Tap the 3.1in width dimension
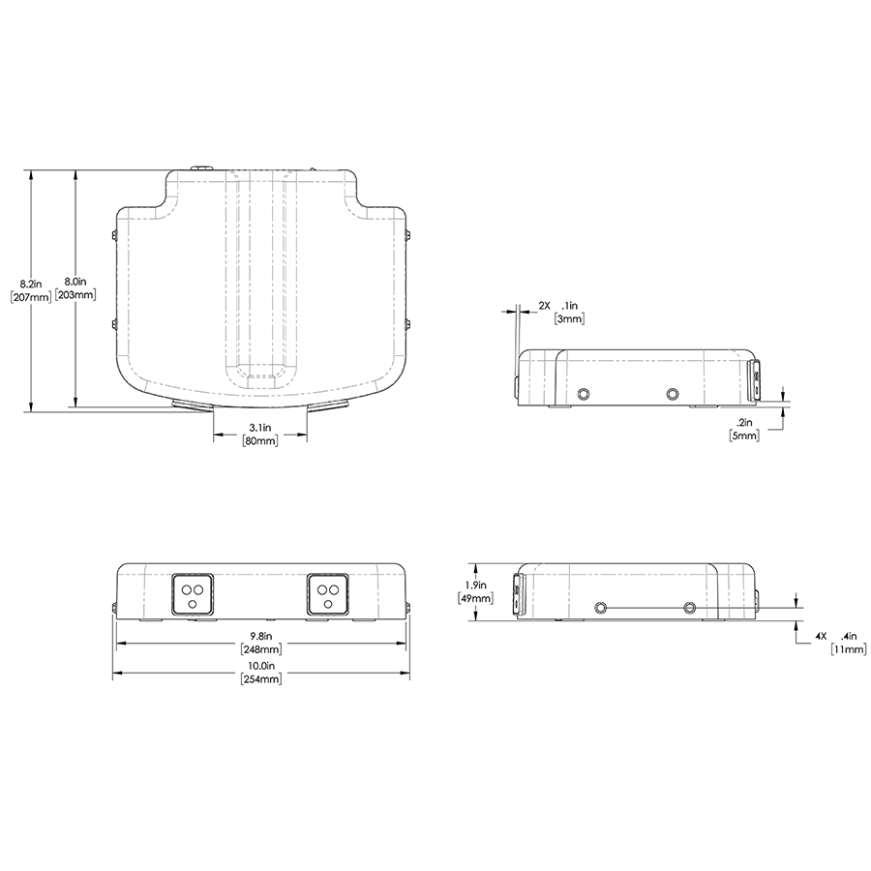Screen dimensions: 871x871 [259, 427]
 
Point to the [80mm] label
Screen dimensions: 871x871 [259, 441]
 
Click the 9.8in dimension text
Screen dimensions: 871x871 [260, 636]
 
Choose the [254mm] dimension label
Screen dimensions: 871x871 [260, 680]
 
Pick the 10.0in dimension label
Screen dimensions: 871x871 [260, 667]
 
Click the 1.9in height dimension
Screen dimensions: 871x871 [475, 585]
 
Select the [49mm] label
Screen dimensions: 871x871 [475, 598]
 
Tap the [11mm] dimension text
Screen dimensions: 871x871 [848, 649]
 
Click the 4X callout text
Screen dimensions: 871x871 [819, 636]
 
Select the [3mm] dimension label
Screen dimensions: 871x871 [568, 317]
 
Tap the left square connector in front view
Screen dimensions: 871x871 [192, 593]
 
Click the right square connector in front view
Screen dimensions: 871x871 [328, 593]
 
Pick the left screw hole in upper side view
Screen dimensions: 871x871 [583, 393]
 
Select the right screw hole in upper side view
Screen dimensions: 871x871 [673, 393]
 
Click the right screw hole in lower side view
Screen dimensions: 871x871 [689, 608]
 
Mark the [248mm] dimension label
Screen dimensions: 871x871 [260, 649]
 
